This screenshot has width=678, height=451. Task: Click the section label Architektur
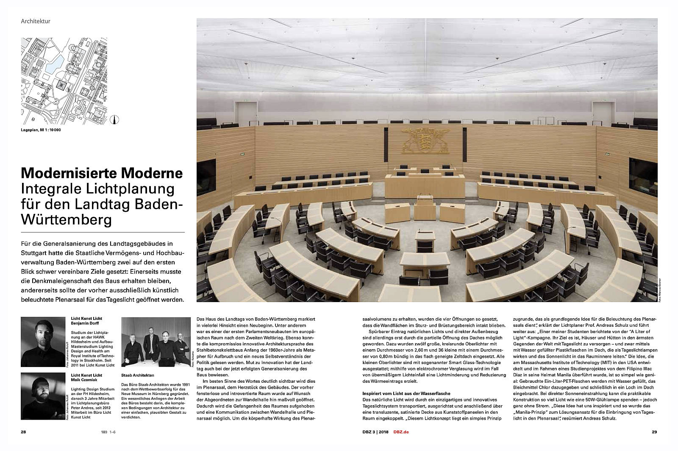36,21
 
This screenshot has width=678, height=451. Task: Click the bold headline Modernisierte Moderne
102,173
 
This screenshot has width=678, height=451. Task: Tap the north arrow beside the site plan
114,120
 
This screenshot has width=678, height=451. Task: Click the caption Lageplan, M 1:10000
41,130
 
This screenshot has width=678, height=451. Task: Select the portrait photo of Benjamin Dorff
43,342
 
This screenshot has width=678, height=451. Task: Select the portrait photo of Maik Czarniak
43,396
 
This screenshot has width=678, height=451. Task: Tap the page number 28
23,432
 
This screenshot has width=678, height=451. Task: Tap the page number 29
654,432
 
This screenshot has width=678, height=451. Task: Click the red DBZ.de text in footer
400,432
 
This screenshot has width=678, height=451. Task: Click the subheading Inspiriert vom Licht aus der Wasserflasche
406,393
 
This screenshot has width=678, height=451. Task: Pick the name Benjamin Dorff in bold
85,323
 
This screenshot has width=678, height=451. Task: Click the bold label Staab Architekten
137,375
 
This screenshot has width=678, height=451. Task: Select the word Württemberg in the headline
67,220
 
